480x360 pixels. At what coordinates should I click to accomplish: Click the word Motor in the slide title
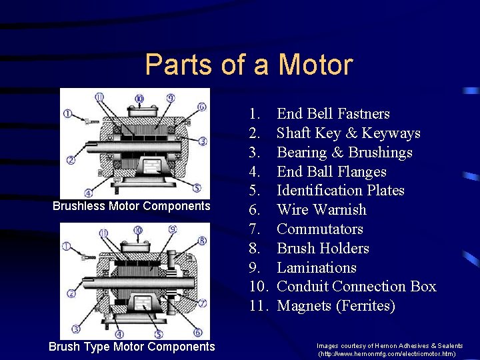[315, 65]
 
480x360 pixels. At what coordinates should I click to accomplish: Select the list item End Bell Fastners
[333, 113]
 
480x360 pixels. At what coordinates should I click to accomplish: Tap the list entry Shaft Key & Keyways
[349, 133]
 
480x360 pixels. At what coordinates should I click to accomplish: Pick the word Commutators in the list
[320, 229]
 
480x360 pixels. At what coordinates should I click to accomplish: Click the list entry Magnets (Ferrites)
[336, 306]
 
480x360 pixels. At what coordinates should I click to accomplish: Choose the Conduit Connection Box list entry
[357, 287]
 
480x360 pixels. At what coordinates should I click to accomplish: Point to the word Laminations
[317, 267]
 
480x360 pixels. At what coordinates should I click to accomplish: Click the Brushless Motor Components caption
[131, 206]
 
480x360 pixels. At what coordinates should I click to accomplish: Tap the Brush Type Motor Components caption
[131, 347]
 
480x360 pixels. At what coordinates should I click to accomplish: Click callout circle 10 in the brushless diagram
[139, 99]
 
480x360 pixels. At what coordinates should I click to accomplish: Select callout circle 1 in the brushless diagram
[67, 114]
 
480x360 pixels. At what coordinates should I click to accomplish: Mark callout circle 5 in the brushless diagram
[197, 187]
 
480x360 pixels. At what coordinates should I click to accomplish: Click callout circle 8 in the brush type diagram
[203, 241]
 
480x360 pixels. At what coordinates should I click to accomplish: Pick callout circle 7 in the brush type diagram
[203, 303]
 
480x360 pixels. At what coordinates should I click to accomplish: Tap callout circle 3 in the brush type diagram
[75, 329]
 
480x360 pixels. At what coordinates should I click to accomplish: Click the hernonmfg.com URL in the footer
[387, 354]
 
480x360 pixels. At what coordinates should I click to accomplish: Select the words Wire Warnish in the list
[321, 210]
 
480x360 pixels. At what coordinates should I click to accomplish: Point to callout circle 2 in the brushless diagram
[71, 160]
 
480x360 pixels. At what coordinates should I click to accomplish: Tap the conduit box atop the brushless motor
[143, 111]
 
